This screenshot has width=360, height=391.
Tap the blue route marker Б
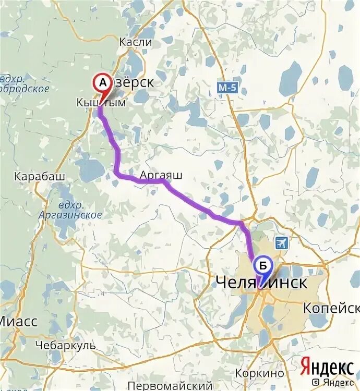[263, 266]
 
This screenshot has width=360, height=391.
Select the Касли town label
[136, 42]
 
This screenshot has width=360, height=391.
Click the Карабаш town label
[40, 176]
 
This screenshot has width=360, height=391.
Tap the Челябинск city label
[261, 283]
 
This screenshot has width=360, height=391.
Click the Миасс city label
[19, 322]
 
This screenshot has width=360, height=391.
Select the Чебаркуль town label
[66, 345]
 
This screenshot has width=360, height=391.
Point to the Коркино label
[259, 373]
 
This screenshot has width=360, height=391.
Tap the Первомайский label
[170, 386]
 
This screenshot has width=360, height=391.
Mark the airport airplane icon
[282, 242]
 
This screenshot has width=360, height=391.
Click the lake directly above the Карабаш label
[90, 168]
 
